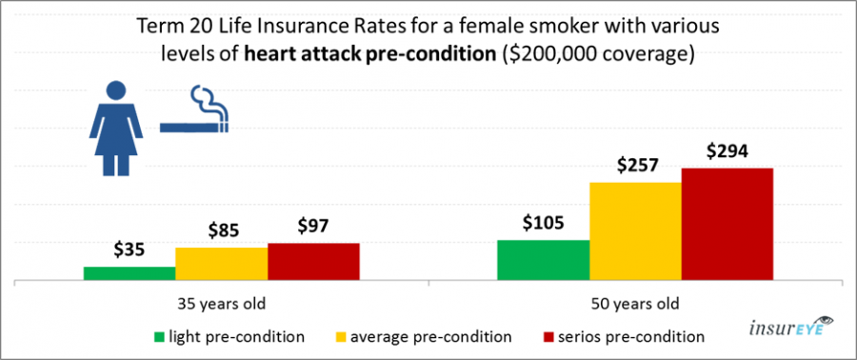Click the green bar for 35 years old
click(x=130, y=273)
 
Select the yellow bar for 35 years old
click(x=221, y=264)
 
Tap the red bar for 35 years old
click(x=313, y=262)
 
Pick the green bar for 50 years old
click(x=544, y=260)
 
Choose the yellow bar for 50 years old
click(x=635, y=231)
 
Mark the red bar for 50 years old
click(x=727, y=225)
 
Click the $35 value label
click(x=130, y=250)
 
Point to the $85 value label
click(x=222, y=230)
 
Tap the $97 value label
click(x=313, y=226)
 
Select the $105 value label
click(x=544, y=223)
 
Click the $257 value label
click(x=635, y=165)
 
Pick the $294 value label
click(x=727, y=150)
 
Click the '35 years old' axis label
click(x=222, y=305)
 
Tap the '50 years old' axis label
click(x=635, y=305)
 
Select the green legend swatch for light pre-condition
click(x=158, y=336)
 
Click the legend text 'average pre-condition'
click(x=431, y=336)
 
